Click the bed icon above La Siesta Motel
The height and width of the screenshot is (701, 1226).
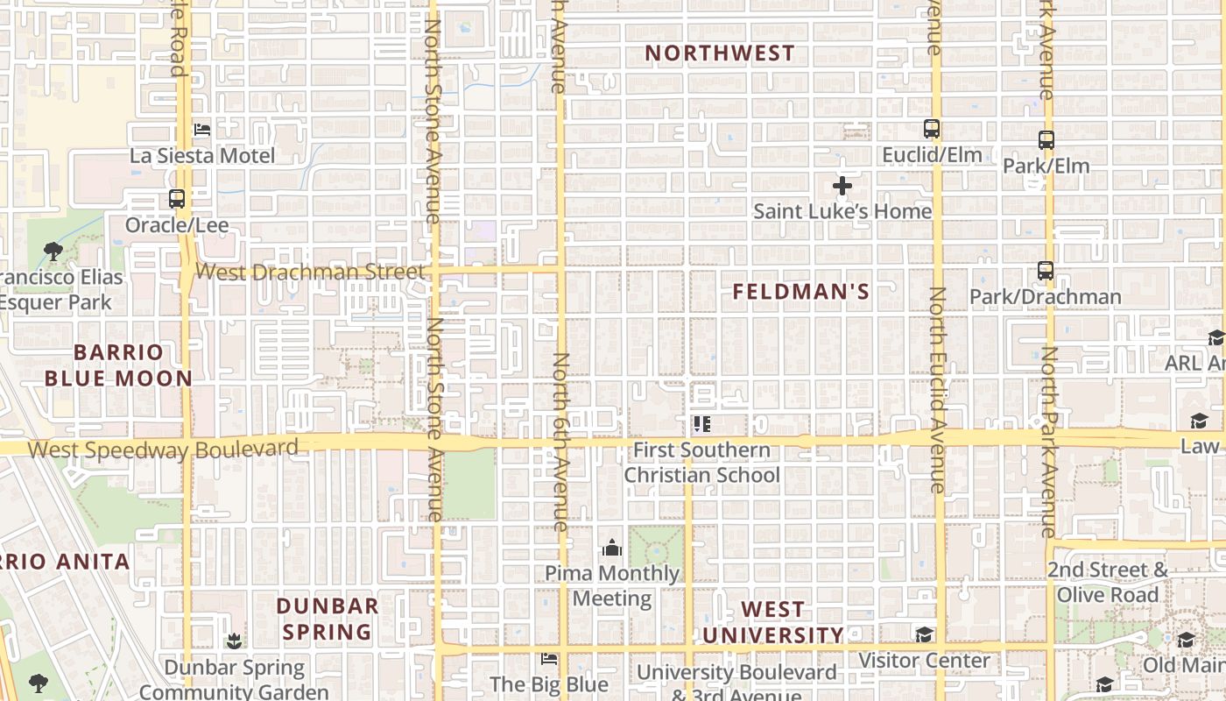202,130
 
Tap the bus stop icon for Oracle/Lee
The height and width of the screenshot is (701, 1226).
177,199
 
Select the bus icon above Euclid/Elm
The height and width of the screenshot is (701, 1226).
932,129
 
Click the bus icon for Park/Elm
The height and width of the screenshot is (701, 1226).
1046,139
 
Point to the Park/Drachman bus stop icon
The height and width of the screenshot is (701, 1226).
1046,271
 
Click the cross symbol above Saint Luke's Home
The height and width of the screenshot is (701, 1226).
842,186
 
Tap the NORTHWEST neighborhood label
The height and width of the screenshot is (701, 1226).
720,53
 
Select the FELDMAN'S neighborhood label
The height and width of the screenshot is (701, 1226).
801,293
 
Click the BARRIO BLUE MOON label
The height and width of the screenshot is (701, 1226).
118,365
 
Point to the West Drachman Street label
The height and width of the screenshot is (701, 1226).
309,271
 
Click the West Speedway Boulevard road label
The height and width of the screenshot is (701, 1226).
163,450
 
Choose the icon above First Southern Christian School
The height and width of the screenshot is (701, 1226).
701,425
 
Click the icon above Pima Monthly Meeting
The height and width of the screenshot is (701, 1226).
612,548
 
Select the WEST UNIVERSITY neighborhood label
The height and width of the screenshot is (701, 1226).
772,622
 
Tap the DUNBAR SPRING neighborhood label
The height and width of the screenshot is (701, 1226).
328,619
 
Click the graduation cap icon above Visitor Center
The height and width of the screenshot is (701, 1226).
924,634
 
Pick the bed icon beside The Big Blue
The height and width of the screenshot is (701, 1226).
549,658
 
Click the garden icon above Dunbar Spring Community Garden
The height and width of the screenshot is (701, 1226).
234,641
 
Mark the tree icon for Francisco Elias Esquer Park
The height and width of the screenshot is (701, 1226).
53,252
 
